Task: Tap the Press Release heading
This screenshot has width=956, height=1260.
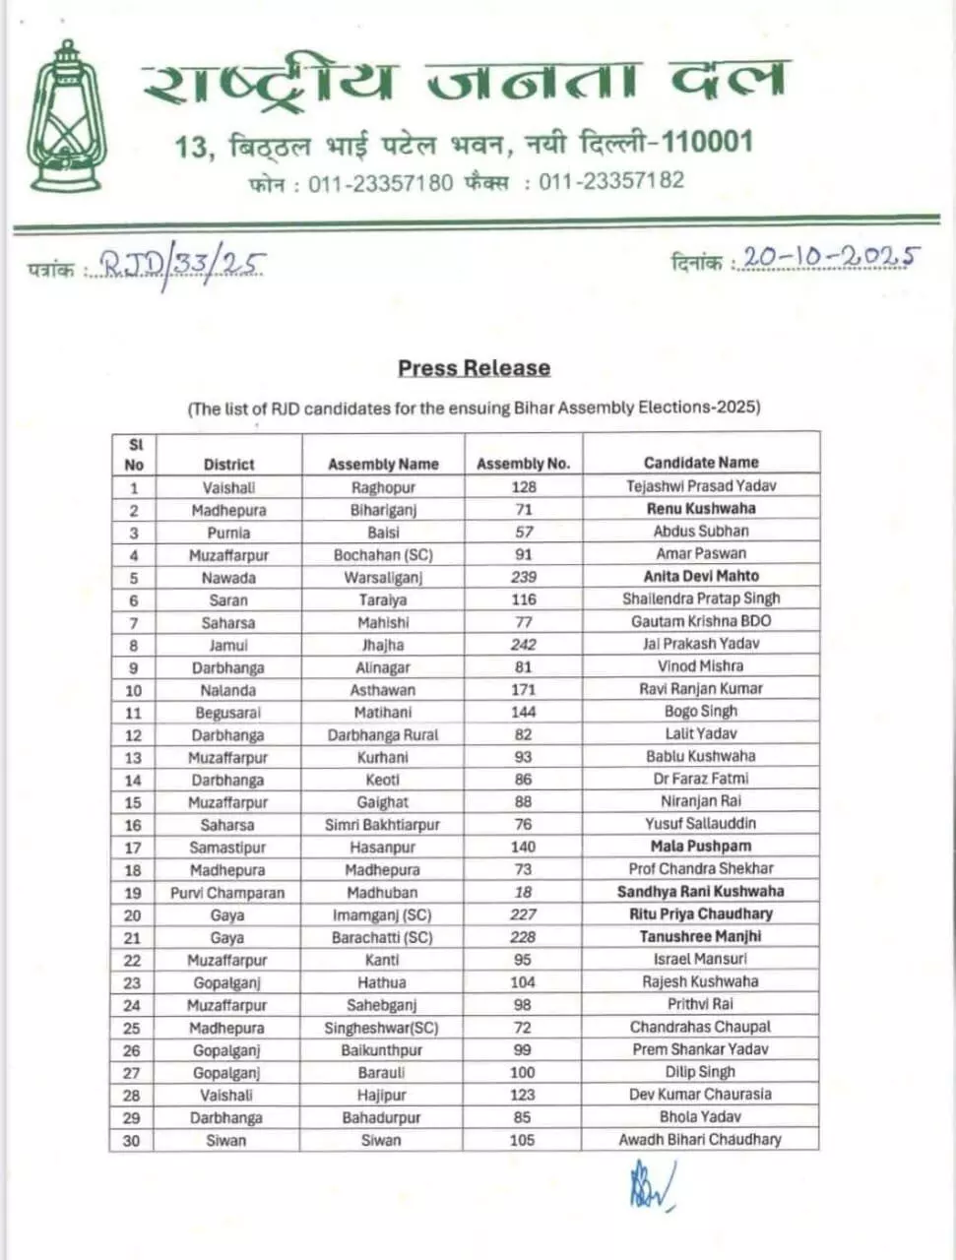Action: point(474,368)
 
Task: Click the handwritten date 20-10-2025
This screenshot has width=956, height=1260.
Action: point(830,258)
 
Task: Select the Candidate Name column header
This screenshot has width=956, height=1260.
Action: point(701,462)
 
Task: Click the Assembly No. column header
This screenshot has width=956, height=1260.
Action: point(523,464)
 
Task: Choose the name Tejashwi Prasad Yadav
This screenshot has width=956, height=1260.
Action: point(701,485)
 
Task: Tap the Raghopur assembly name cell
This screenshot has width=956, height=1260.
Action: point(383,487)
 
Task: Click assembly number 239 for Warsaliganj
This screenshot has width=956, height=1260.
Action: point(524,577)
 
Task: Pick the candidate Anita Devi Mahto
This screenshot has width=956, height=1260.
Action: point(701,576)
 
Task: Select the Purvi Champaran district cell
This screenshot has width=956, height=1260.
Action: point(227,893)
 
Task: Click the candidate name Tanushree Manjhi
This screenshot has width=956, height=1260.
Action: point(701,936)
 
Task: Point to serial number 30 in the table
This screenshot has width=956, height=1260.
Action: point(132,1140)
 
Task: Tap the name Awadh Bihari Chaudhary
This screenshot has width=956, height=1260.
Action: point(700,1139)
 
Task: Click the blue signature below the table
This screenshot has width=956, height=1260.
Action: point(650,1187)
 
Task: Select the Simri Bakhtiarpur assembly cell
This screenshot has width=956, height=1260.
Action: point(382,825)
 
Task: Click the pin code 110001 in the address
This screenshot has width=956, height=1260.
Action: point(707,142)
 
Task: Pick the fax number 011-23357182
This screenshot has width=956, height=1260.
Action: point(610,181)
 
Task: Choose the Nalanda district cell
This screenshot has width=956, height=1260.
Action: point(227,690)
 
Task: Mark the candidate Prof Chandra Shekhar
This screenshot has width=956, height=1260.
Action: point(701,868)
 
